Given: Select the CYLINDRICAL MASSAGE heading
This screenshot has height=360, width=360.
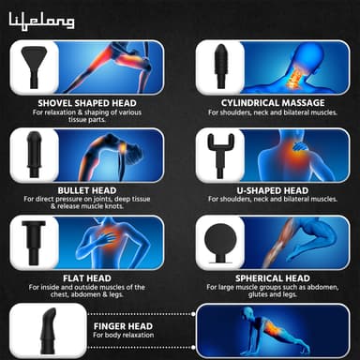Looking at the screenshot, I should [272, 102].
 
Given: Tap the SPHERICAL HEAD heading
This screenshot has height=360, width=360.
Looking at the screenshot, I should [272, 277].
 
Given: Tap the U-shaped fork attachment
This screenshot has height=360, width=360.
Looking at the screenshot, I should [220, 150].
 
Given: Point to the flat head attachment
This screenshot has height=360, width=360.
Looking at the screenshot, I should [37, 238].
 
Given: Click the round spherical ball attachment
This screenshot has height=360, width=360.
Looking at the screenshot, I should [223, 238].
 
